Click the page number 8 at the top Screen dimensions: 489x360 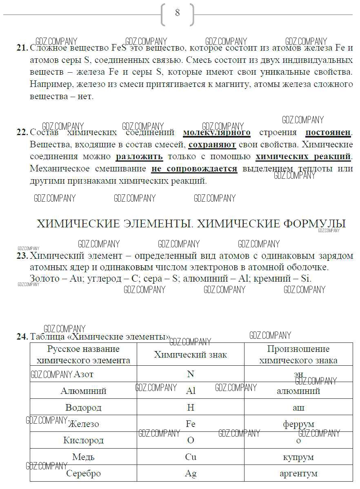[x=177, y=13]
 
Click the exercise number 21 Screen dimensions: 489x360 [x=22, y=48]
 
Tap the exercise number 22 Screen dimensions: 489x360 [x=22, y=133]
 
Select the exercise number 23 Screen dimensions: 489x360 [x=22, y=256]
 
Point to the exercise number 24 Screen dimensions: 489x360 [x=22, y=337]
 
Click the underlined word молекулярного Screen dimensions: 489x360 [x=216, y=133]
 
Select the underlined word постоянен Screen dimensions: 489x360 [x=328, y=133]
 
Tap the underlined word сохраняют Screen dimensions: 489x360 [x=212, y=145]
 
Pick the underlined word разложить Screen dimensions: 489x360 [x=139, y=157]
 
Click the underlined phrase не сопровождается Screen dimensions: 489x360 [x=194, y=169]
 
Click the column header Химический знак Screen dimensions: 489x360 [x=190, y=355]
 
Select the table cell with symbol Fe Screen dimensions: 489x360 [x=190, y=424]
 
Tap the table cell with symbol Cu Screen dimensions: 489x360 [x=190, y=457]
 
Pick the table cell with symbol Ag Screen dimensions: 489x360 [x=190, y=473]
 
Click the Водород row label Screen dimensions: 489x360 [x=83, y=407]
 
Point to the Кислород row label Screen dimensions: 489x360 [x=83, y=440]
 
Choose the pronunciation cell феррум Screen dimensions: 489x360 [x=298, y=424]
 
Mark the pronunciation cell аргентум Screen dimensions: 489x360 [x=298, y=473]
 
